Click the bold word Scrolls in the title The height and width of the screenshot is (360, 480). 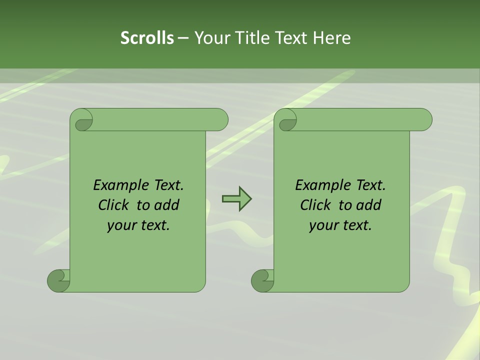tap(147, 38)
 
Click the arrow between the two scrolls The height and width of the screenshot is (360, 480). tap(236, 198)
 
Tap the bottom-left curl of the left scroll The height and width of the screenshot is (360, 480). tap(58, 280)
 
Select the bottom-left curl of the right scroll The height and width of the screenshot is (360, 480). tap(262, 280)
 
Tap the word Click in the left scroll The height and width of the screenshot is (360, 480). tap(114, 205)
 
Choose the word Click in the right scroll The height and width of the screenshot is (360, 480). tap(316, 205)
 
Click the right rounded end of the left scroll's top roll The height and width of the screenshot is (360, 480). tap(220, 120)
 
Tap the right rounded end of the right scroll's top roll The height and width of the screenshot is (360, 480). tap(424, 120)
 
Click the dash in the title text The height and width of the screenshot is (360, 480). tap(183, 38)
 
